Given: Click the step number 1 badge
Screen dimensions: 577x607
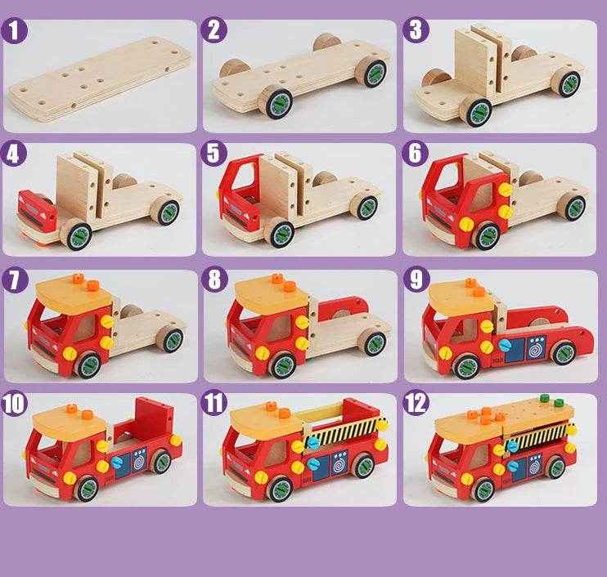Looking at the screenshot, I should [16, 31].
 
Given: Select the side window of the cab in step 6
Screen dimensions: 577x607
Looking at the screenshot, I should [488, 196].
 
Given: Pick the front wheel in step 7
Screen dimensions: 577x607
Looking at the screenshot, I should [88, 363].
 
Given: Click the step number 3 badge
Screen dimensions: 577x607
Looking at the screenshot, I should [416, 31].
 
